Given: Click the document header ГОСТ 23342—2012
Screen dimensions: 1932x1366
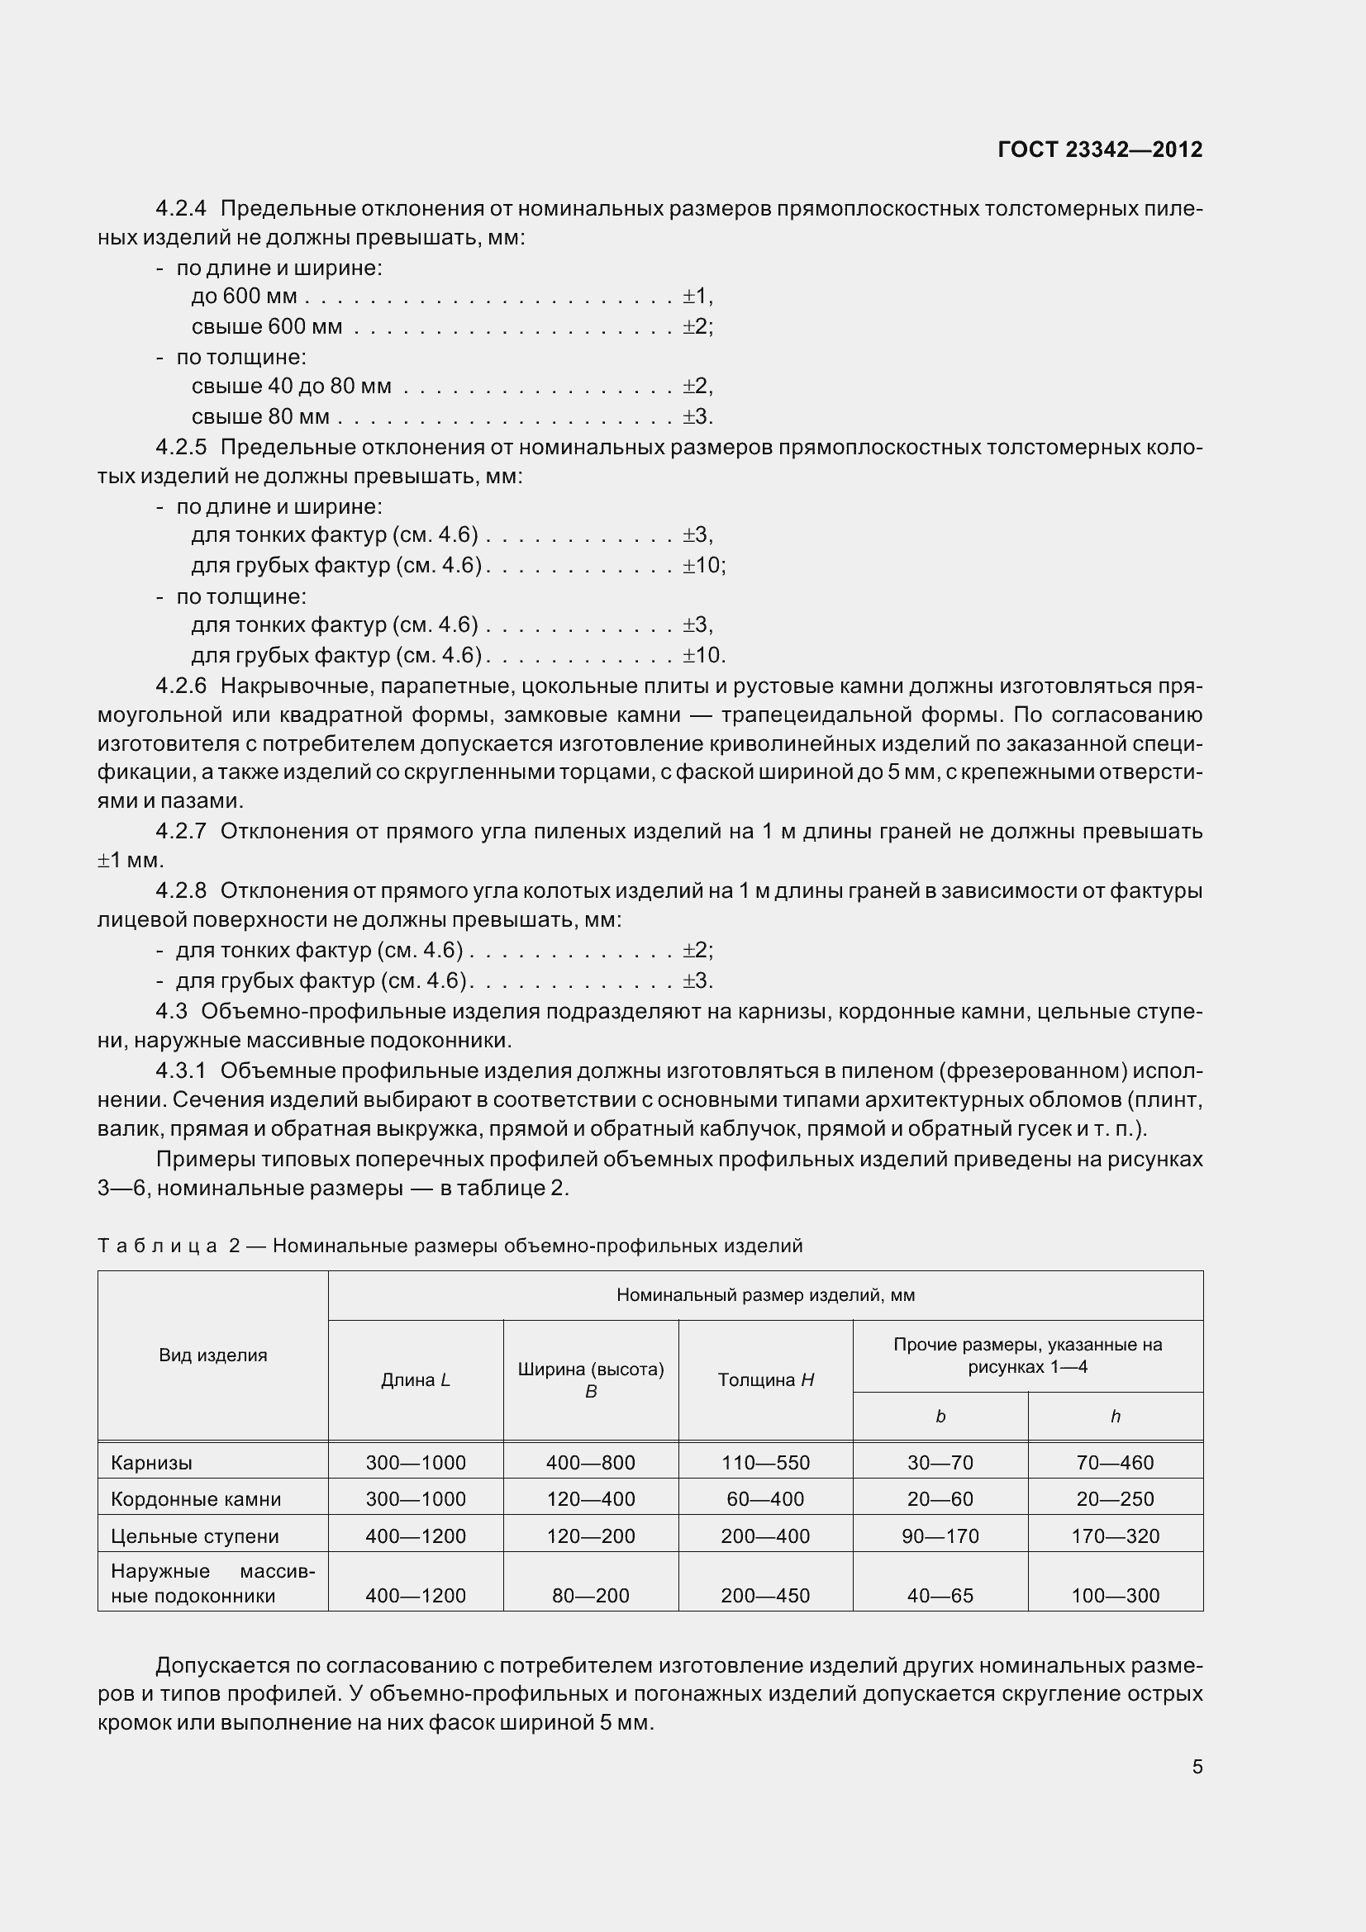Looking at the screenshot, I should click(x=1099, y=150).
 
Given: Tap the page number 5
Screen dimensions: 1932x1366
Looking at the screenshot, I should click(x=1197, y=1766).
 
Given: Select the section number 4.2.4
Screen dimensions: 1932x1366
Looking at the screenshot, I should click(x=181, y=208).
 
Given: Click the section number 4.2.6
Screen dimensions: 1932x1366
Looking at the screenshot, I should click(x=181, y=686).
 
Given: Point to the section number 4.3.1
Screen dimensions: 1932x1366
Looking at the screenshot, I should click(x=181, y=1070).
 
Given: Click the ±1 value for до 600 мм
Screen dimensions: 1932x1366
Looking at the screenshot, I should click(x=696, y=297).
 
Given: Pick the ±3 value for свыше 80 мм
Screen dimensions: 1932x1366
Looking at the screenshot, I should click(x=696, y=416).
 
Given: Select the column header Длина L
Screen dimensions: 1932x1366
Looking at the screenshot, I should click(x=416, y=1380).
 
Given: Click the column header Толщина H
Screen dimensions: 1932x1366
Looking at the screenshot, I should click(x=765, y=1380).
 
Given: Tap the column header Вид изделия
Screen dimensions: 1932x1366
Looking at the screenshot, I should click(x=213, y=1355).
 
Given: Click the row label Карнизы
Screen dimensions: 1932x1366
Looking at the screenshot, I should click(x=151, y=1464).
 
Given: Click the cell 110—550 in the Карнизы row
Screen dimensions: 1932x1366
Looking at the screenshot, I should click(x=765, y=1464).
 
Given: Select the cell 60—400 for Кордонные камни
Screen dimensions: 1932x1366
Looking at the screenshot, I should click(x=765, y=1499).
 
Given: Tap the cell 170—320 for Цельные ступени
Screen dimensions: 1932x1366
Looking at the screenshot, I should click(x=1114, y=1536).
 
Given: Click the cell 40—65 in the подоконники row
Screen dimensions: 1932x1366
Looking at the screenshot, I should click(x=940, y=1597).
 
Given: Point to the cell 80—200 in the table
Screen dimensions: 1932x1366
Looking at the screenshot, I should click(x=590, y=1597).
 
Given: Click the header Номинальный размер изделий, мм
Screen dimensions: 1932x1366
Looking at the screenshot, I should click(x=765, y=1295).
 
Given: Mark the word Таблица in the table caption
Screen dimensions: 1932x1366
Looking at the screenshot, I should click(x=157, y=1246).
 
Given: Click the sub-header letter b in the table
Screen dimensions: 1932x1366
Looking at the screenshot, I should click(x=940, y=1417).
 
